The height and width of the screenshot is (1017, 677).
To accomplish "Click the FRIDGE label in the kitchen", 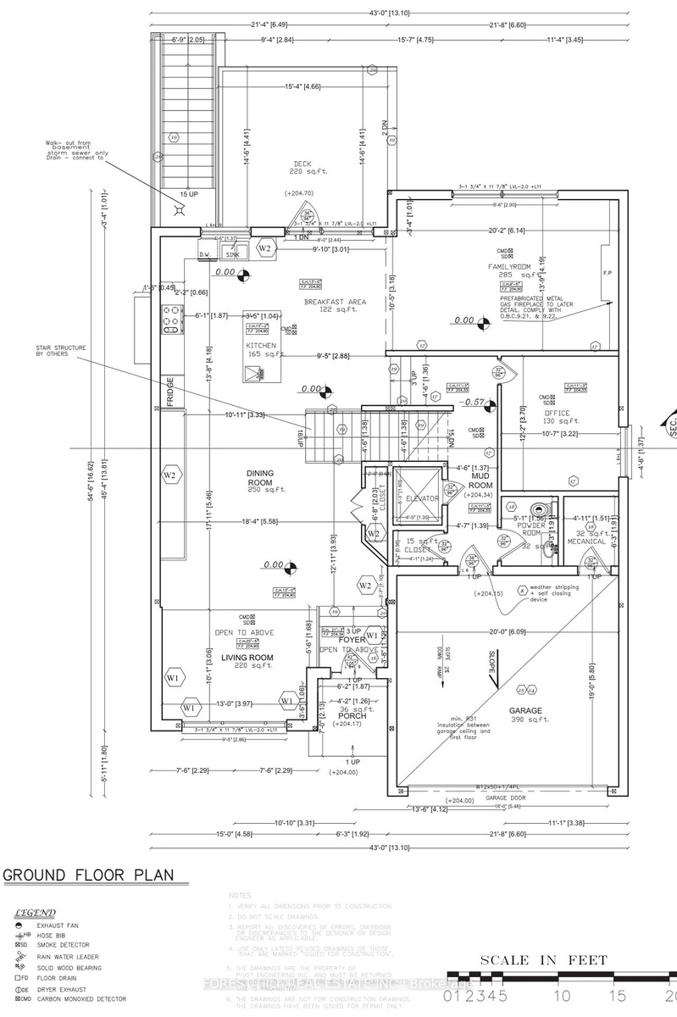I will (170, 392).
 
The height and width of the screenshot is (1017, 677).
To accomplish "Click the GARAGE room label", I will (525, 711).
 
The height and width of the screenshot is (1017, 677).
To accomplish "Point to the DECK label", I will (304, 164).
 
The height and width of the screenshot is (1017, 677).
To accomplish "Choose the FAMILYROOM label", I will (508, 266).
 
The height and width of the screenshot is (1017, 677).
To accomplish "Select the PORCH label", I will (352, 716).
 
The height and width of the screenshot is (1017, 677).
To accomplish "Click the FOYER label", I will (352, 640).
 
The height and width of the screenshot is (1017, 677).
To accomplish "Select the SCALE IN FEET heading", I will (543, 960).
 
